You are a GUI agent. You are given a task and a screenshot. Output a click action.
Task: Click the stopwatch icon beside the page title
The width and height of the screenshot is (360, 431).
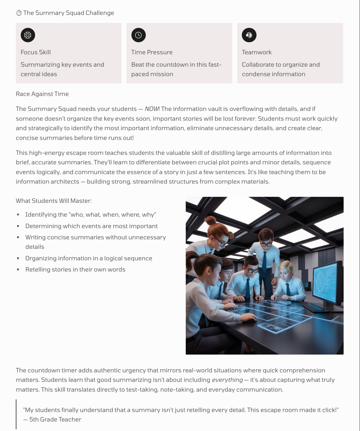click(19, 13)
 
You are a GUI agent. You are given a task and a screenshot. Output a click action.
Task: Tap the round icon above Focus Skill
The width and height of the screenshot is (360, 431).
click(28, 35)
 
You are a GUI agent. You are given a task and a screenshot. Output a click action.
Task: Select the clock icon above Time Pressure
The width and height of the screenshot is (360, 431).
click(138, 35)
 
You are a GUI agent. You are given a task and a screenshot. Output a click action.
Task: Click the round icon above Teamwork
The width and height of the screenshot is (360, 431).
click(249, 35)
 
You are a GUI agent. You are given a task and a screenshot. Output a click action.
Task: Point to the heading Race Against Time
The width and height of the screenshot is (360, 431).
click(42, 94)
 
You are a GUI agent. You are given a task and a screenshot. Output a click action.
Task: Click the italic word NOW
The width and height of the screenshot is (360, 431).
click(152, 109)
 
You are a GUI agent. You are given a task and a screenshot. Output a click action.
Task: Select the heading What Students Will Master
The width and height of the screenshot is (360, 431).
click(54, 201)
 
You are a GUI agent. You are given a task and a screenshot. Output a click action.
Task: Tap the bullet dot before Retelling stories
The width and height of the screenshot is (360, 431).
click(18, 270)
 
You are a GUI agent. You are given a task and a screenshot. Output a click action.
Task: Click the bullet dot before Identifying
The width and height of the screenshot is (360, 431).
click(18, 215)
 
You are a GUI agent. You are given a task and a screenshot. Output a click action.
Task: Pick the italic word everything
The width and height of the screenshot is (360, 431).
click(227, 380)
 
